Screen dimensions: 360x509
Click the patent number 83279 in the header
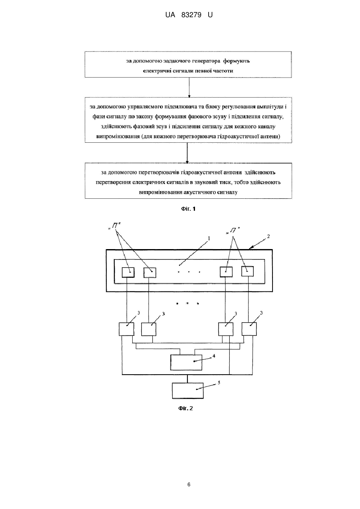pos(191,15)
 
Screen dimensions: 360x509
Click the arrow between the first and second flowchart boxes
pos(189,88)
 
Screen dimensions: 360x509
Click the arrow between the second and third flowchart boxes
pos(187,153)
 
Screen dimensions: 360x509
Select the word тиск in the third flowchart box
pos(225,182)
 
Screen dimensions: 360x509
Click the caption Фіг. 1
pos(188,209)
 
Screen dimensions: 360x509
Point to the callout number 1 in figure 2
pos(209,238)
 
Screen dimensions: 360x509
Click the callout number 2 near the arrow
pos(268,236)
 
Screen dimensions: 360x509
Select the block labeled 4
pos(186,362)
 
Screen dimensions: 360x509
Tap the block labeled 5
pos(188,391)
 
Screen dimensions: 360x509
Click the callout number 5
pos(219,383)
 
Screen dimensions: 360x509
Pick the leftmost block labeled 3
pos(126,329)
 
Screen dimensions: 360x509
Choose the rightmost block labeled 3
pos(249,329)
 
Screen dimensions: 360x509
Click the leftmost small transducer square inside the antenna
pos(128,272)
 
